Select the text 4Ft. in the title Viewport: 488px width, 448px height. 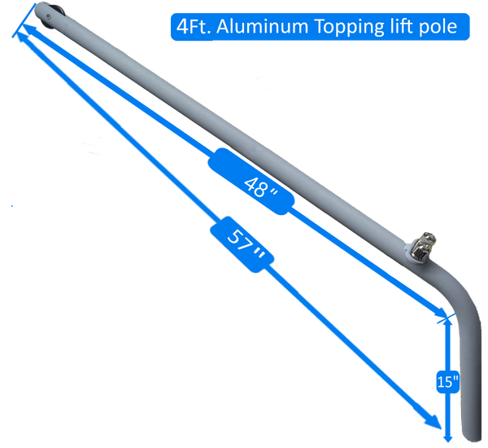tap(191, 27)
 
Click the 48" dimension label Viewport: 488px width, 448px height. tap(259, 186)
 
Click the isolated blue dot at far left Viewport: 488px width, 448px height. tap(12, 206)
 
